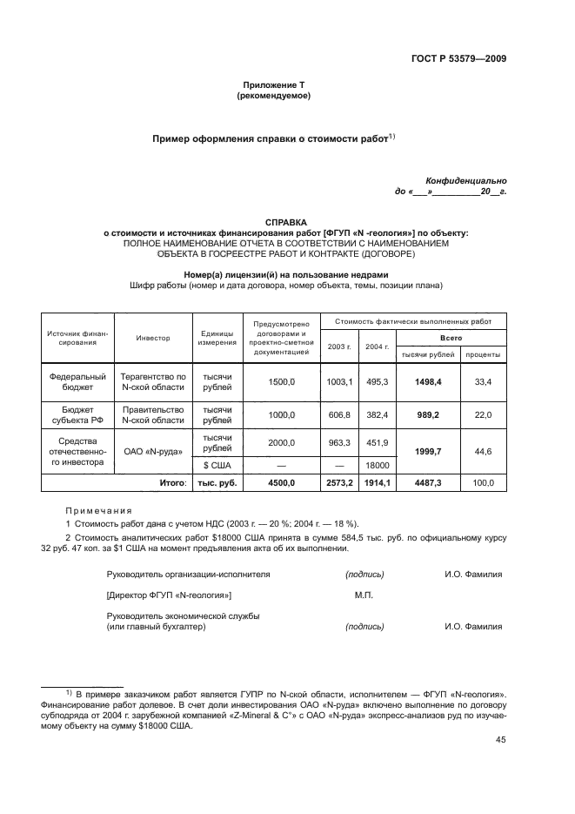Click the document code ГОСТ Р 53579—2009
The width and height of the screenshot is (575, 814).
(x=458, y=60)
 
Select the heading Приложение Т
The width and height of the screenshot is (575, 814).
(x=274, y=85)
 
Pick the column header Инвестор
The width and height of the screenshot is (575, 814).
(x=152, y=338)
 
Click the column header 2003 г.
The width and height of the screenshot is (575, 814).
(x=338, y=346)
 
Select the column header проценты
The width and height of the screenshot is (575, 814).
(x=482, y=354)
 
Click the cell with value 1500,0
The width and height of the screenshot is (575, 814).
(x=282, y=381)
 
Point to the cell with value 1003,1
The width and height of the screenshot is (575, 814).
(x=338, y=381)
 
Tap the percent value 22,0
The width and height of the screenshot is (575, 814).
(x=482, y=416)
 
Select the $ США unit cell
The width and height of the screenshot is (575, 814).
(x=217, y=466)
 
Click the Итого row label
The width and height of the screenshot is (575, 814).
(x=172, y=482)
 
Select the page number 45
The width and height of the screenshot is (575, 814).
(x=500, y=740)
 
